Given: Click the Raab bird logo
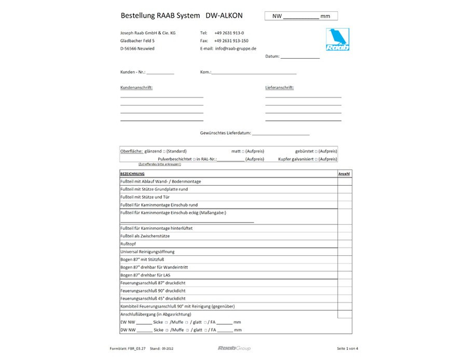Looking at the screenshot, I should (x=338, y=39).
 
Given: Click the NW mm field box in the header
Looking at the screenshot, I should (x=301, y=16).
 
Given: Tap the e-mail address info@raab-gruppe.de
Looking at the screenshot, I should (x=236, y=48).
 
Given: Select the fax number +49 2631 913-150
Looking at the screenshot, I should (x=231, y=40).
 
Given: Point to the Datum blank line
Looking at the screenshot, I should (x=300, y=57).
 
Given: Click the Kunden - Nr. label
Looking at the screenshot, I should (x=133, y=72).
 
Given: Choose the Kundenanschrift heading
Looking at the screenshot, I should (x=136, y=88).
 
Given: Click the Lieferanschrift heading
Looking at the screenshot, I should (x=280, y=88).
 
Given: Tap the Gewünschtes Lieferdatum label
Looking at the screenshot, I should (x=225, y=133).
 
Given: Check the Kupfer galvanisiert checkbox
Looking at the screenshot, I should (x=316, y=159).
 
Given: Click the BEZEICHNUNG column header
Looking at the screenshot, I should (x=132, y=174).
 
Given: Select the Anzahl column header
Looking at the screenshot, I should (x=344, y=174).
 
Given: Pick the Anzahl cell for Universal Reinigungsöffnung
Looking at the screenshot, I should (x=344, y=252).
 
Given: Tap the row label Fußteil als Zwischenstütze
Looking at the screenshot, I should (x=145, y=236).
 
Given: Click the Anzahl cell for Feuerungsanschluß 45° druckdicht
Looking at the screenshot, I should (x=344, y=298).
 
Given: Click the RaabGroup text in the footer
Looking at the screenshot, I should (x=233, y=348).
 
